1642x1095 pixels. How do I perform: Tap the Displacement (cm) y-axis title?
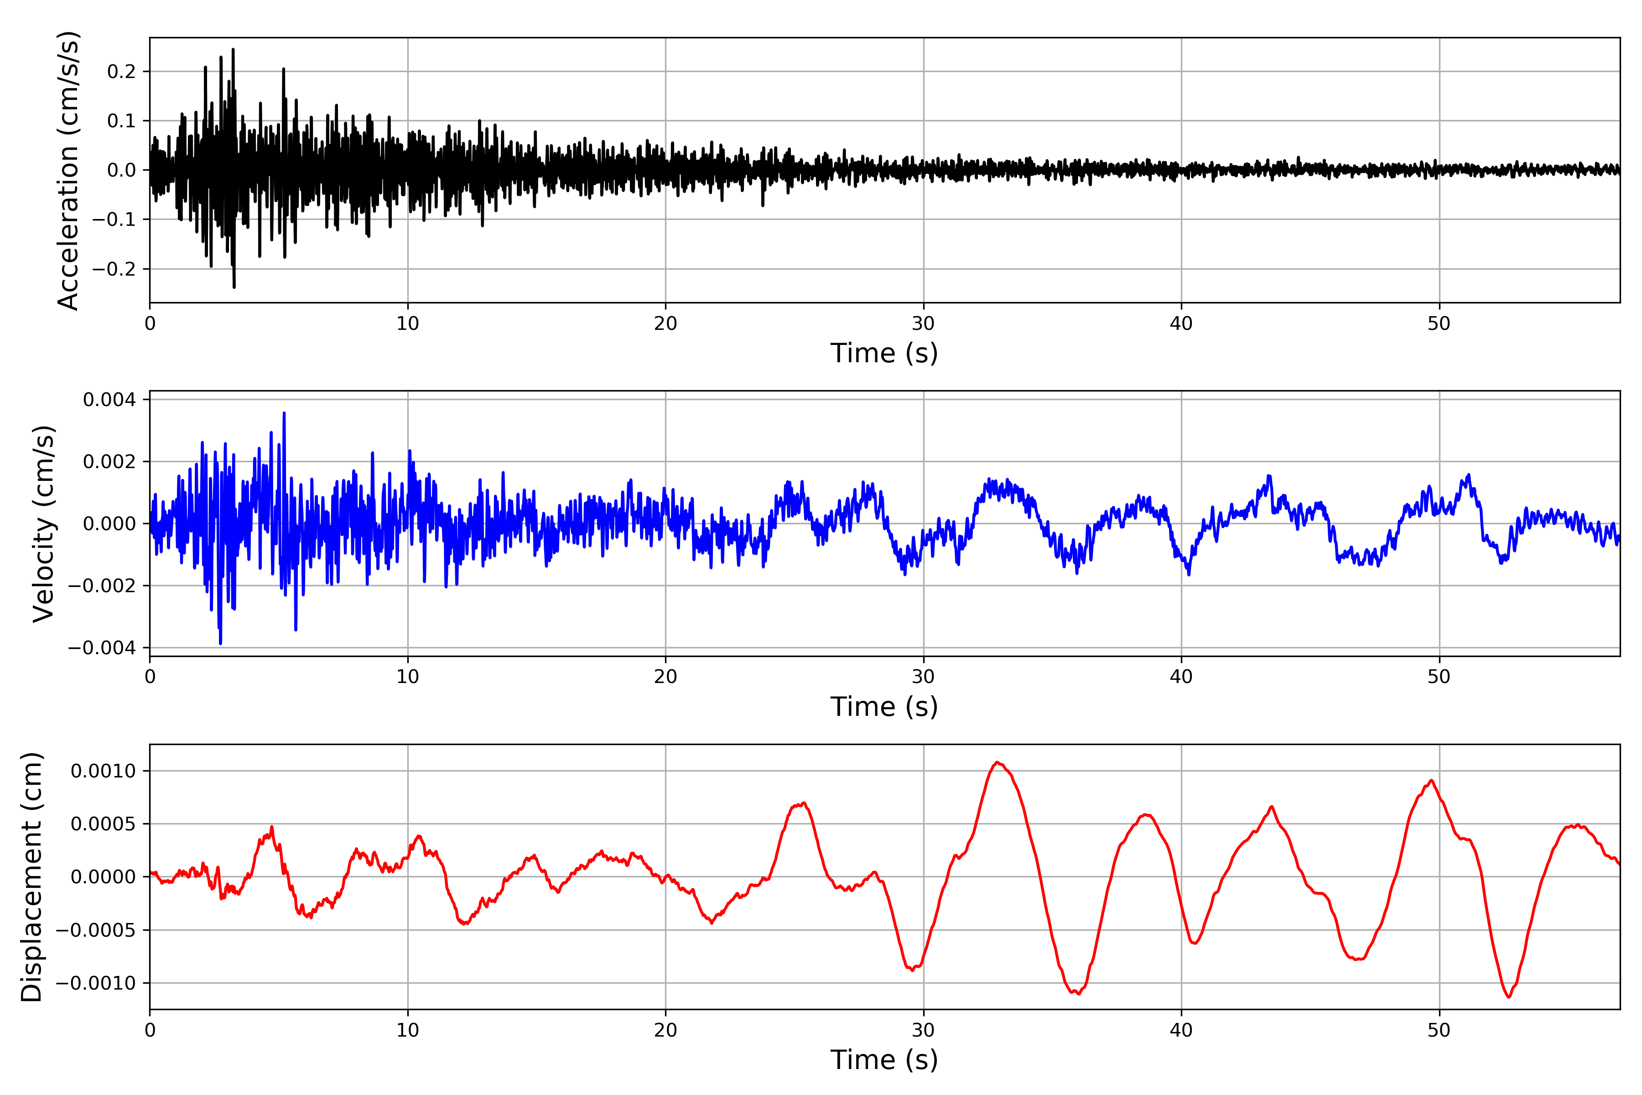pyautogui.click(x=31, y=876)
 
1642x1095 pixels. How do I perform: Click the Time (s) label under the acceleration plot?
pyautogui.click(x=884, y=353)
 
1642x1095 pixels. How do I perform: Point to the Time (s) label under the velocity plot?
pyautogui.click(x=884, y=707)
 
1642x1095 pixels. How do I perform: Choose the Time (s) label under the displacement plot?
pyautogui.click(x=884, y=1060)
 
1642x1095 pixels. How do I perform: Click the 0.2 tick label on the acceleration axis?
pyautogui.click(x=121, y=71)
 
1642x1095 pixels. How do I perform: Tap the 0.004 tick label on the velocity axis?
pyautogui.click(x=109, y=400)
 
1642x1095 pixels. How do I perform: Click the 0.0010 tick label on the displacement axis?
pyautogui.click(x=104, y=771)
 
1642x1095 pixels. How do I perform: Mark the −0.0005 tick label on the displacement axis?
pyautogui.click(x=96, y=930)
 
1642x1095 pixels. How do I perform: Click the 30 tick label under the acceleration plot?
pyautogui.click(x=923, y=324)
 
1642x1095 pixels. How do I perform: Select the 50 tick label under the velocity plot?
pyautogui.click(x=1439, y=677)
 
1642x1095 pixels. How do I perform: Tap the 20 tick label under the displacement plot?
pyautogui.click(x=665, y=1030)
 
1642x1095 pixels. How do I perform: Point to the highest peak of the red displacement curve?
pyautogui.click(x=997, y=762)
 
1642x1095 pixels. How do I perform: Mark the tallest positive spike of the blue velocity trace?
pyautogui.click(x=284, y=413)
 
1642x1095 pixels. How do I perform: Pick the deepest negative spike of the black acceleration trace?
pyautogui.click(x=234, y=287)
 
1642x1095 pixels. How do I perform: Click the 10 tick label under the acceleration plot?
pyautogui.click(x=408, y=324)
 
